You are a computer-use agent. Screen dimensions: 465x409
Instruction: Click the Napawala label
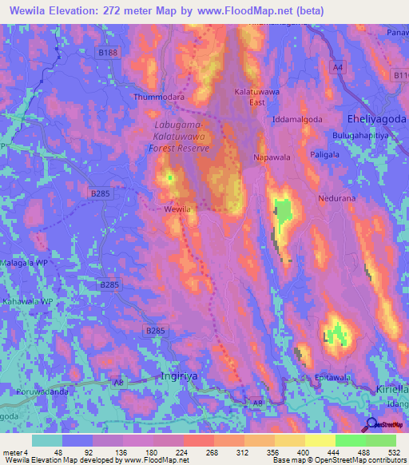pyautogui.click(x=272, y=157)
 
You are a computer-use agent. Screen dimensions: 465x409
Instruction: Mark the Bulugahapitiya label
pyautogui.click(x=375, y=136)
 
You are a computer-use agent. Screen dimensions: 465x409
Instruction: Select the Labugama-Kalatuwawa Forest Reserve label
pyautogui.click(x=182, y=137)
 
